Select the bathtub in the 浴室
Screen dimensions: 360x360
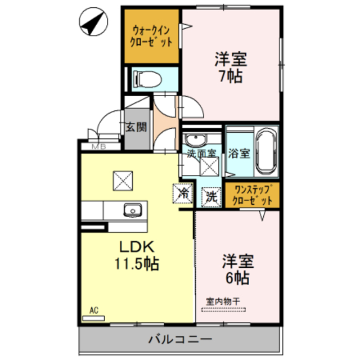265,152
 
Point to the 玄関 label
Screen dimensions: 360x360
136,127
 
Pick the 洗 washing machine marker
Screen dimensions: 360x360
210,196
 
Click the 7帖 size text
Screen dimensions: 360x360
231,77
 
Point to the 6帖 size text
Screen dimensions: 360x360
238,278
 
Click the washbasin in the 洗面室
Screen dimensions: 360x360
196,139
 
